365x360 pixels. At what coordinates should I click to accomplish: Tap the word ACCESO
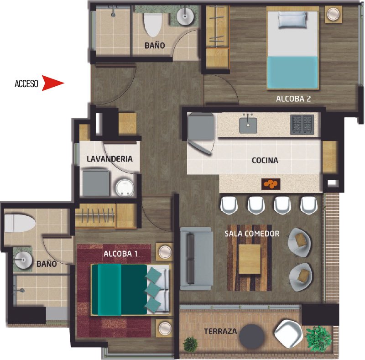[x=26, y=83]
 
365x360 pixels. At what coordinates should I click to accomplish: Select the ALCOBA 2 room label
[x=293, y=99]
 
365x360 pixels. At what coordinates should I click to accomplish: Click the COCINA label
[x=265, y=160]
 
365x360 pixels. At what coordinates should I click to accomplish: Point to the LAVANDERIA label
[x=109, y=159]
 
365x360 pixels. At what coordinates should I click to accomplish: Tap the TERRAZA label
[x=220, y=331]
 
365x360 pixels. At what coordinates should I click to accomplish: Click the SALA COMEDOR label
[x=252, y=234]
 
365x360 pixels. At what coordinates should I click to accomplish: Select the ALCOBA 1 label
[x=120, y=254]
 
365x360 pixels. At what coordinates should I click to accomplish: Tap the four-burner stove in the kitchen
[x=302, y=125]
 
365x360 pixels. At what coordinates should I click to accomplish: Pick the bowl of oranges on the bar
[x=271, y=184]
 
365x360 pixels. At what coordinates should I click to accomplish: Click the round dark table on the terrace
[x=252, y=336]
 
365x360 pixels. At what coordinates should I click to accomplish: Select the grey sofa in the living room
[x=197, y=259]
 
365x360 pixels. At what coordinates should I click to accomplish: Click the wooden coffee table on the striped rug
[x=250, y=259]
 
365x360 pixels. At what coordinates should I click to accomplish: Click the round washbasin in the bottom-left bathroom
[x=23, y=260]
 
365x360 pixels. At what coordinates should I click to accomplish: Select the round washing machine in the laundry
[x=125, y=188]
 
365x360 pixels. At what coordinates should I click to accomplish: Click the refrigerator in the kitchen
[x=201, y=126]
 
